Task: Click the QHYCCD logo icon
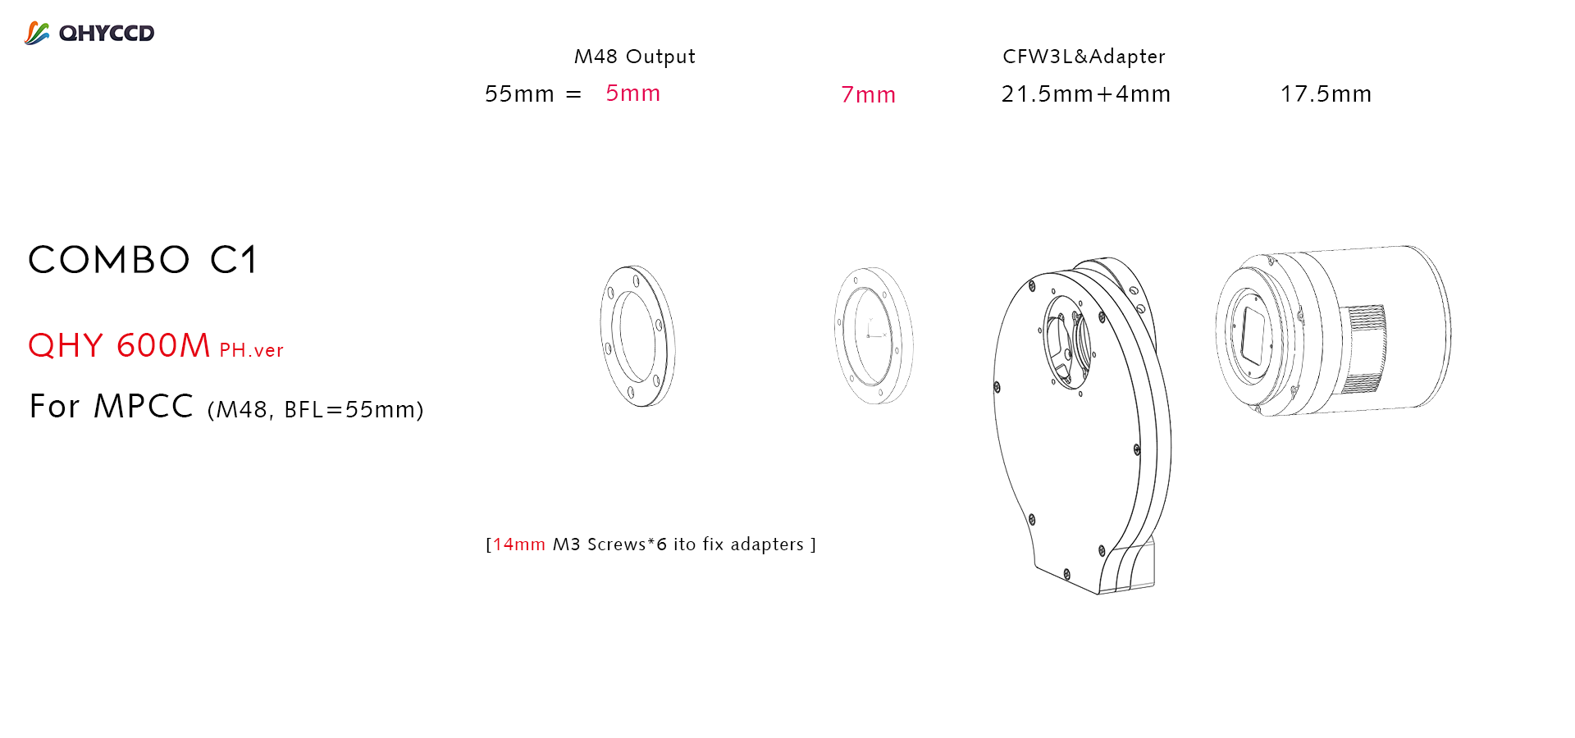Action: click(37, 33)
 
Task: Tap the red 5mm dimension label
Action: click(632, 93)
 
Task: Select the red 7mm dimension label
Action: click(868, 95)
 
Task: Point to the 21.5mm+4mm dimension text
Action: click(1085, 94)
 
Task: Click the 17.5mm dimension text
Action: click(1326, 94)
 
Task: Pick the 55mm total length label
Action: click(519, 94)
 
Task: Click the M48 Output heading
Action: click(634, 57)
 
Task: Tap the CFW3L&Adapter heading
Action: click(1084, 57)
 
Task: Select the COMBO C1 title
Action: click(144, 261)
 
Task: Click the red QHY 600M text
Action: click(120, 346)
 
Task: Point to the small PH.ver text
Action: click(251, 351)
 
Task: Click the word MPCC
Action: click(144, 407)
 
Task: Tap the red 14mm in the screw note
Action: click(518, 544)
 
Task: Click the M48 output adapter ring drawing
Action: click(637, 335)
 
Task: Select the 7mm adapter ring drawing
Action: click(873, 335)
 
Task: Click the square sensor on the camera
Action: click(1253, 336)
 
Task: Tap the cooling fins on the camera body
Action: click(1363, 348)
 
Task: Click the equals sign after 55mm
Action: click(573, 94)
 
